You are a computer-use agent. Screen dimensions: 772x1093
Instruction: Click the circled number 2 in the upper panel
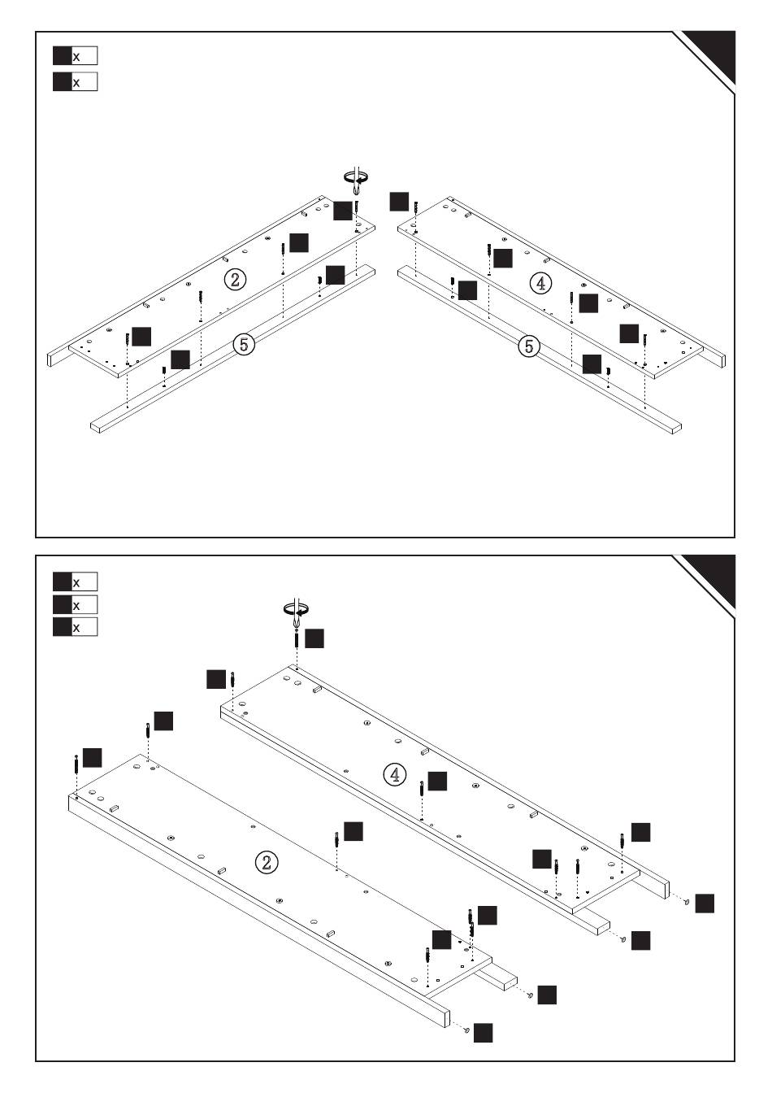235,280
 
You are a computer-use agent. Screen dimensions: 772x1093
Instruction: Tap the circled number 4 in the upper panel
540,283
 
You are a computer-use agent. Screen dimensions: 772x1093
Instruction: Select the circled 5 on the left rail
244,344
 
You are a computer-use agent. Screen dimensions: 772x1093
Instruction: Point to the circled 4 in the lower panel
395,774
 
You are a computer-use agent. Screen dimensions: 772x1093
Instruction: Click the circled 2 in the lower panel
267,862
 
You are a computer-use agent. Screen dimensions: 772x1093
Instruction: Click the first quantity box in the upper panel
75,56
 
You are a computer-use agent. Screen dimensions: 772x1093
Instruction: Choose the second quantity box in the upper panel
75,82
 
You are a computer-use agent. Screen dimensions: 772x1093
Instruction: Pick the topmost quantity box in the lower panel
75,582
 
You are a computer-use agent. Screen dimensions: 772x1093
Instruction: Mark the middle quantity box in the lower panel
75,605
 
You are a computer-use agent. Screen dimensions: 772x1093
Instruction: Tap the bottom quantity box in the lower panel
75,627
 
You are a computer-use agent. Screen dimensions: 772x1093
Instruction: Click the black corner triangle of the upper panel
714,53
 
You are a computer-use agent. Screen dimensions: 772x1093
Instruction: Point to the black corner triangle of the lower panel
714,577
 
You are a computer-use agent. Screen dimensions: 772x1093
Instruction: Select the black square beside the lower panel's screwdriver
314,638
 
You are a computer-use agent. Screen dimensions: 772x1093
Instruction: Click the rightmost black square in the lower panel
705,903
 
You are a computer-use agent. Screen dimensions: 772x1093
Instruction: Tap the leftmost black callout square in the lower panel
92,757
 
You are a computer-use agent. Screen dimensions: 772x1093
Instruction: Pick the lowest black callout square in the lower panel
483,1033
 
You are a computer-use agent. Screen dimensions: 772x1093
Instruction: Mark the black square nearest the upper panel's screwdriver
343,210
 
